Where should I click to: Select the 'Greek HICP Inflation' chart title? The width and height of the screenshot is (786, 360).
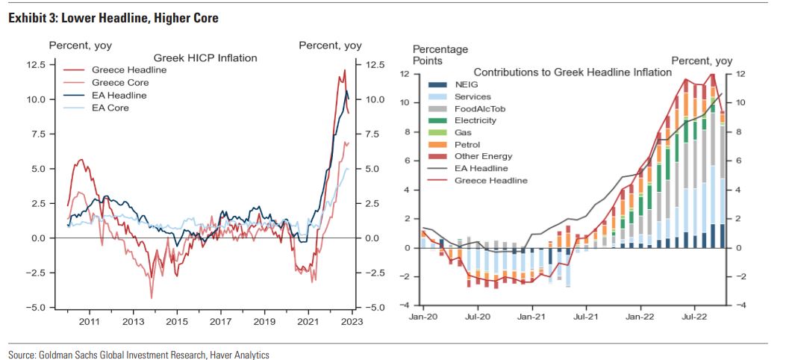point(205,58)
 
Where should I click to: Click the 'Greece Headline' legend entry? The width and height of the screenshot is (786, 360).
point(129,69)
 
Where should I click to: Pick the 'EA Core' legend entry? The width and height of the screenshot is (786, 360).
point(110,108)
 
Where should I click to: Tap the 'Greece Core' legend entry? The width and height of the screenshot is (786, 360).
point(120,82)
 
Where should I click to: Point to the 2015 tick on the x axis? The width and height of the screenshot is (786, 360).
point(176,321)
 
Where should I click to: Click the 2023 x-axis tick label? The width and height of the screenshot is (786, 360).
point(352,321)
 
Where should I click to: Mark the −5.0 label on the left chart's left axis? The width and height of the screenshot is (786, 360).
point(36,307)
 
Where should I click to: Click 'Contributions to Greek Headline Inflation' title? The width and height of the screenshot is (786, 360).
point(573,72)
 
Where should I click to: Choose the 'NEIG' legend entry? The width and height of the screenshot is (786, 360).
point(467,84)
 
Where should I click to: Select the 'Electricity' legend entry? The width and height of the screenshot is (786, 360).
point(475,120)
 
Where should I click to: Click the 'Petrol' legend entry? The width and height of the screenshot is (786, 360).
point(467,144)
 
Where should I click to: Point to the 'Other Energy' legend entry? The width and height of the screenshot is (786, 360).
point(483,156)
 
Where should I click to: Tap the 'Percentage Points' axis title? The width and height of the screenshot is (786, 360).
point(440,55)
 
